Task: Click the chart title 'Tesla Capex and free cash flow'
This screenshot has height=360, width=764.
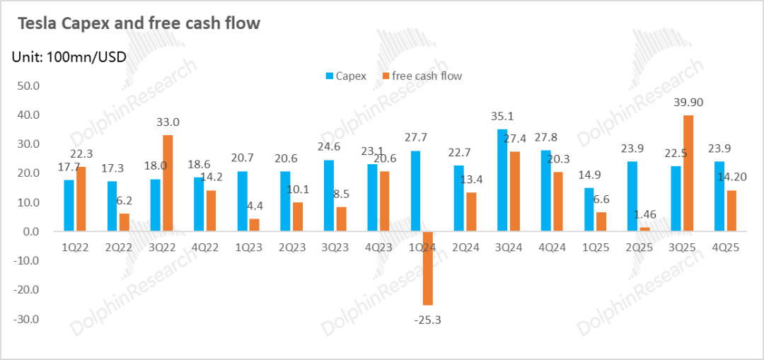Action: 139,24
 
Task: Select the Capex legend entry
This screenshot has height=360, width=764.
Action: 346,76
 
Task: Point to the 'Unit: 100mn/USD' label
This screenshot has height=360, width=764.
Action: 69,57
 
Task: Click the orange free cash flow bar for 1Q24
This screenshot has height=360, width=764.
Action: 427,268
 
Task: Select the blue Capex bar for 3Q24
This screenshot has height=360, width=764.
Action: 502,180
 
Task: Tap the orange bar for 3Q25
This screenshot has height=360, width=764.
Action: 688,173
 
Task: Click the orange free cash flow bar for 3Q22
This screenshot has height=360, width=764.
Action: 167,183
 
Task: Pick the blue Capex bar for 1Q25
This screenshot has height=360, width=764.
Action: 589,209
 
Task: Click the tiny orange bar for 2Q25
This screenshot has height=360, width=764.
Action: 644,229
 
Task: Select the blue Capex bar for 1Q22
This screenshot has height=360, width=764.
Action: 69,205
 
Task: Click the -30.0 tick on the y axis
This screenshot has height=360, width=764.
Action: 26,320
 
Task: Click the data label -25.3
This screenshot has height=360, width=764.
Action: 429,320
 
